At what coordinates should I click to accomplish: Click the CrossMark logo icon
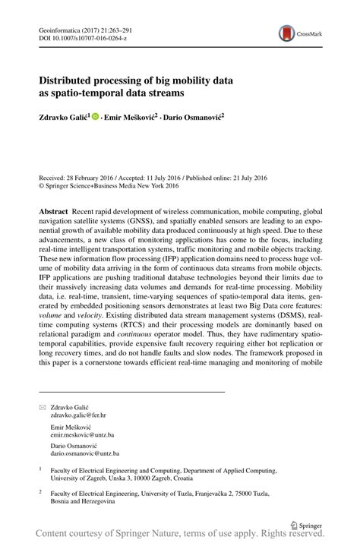click(286, 33)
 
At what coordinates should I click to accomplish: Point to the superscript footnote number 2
click(39, 491)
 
